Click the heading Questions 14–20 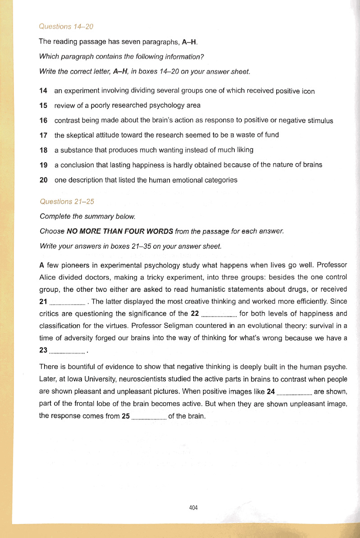tap(66, 27)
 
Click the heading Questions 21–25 tap(67, 201)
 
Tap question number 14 tap(44, 91)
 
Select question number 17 tap(44, 135)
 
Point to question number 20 tap(44, 179)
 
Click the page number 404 tap(194, 507)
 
